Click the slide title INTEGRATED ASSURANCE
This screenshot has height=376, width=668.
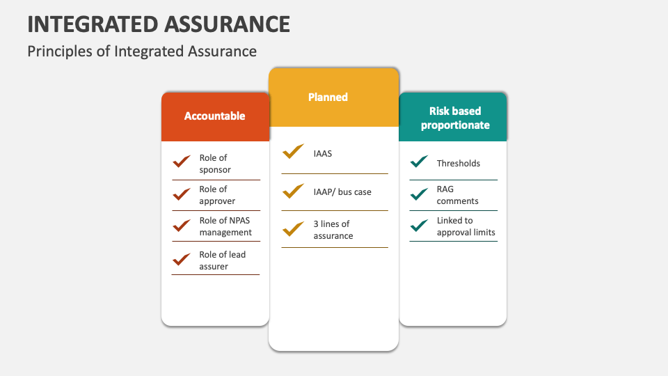pos(159,24)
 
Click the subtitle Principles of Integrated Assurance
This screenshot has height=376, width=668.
pos(142,52)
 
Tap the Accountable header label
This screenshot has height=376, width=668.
pos(215,116)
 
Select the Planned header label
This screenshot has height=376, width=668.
pos(328,97)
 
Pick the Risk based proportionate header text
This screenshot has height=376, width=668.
pos(455,118)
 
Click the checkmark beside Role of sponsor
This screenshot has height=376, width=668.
pos(182,161)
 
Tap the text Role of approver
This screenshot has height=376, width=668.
pos(217,195)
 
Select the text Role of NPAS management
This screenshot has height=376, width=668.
pos(225,226)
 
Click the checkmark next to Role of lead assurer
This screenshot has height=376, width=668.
pos(182,259)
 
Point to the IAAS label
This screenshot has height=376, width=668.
pos(322,154)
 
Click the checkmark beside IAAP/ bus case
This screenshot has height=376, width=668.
pos(293,191)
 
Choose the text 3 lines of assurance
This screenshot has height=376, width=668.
pos(333,230)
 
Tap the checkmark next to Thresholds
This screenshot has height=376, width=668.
pos(419,161)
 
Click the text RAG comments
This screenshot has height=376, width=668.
pos(458,195)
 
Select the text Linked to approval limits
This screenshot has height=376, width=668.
pos(466,226)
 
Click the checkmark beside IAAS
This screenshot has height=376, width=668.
pos(293,151)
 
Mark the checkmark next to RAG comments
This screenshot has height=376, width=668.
pos(419,194)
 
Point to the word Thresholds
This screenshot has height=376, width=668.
pos(459,163)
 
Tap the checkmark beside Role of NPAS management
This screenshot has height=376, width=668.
pos(182,226)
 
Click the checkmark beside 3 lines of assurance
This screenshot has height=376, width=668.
pos(293,229)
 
